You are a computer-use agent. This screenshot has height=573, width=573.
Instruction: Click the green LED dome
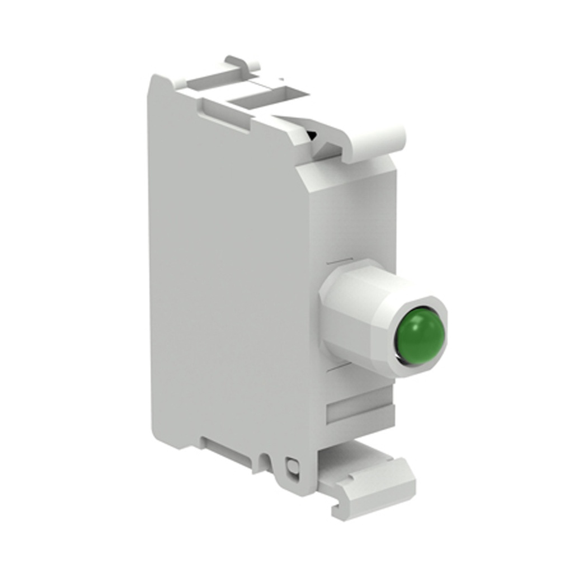420,336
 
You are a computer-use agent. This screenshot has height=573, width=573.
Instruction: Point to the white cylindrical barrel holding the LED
358,313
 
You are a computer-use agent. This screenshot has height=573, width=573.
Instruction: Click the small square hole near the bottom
290,466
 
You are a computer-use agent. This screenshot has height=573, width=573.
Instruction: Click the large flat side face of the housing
224,269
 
